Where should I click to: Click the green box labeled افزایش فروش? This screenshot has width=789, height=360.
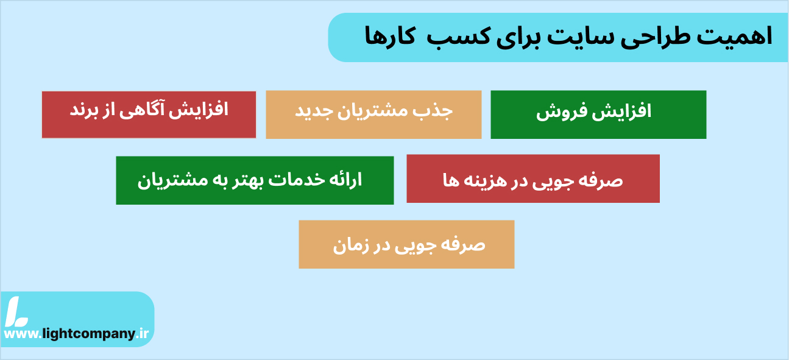tap(598, 115)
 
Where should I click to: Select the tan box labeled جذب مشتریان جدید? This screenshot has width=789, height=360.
tap(373, 115)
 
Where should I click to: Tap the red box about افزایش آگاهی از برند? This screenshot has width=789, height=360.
tap(149, 115)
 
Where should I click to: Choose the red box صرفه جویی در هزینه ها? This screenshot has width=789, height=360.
tap(533, 178)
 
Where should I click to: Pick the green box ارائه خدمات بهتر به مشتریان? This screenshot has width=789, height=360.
tap(255, 180)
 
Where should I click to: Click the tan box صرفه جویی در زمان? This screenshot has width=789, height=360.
tap(406, 244)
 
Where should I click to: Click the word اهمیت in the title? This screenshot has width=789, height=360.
tap(734, 37)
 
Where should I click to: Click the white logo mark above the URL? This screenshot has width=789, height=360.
tap(16, 311)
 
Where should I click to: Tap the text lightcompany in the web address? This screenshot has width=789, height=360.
tap(88, 334)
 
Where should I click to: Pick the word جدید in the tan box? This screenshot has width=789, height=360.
tap(313, 111)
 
